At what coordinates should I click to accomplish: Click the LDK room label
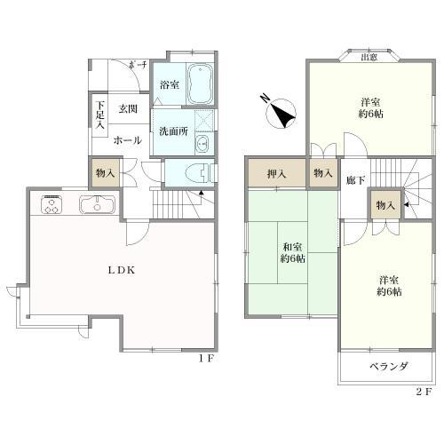[x=123, y=270]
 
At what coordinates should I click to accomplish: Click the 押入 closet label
[x=278, y=173]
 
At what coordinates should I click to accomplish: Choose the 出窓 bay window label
[x=369, y=59]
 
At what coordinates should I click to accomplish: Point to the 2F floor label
[x=423, y=391]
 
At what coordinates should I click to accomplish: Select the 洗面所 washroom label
[x=173, y=131]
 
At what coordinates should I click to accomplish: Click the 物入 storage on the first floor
[x=103, y=171]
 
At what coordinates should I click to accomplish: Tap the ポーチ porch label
[x=136, y=65]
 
